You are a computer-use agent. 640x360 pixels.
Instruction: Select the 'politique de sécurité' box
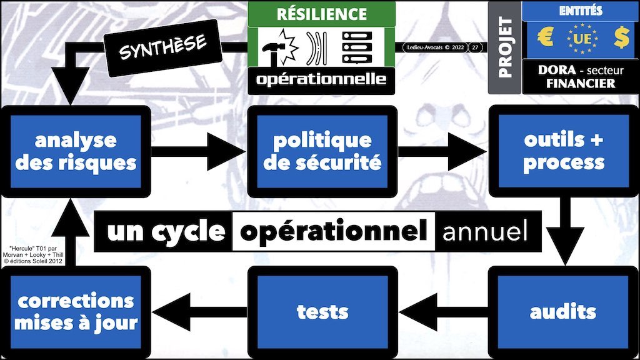tap(322, 151)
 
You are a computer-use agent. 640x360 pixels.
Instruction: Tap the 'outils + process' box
tap(563, 151)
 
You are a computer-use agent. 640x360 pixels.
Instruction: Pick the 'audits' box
tap(563, 311)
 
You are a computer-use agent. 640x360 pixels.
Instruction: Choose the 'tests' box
tap(322, 311)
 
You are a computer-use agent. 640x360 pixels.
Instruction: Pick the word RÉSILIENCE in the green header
tap(322, 13)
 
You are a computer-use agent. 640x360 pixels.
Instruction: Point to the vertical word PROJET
tap(505, 47)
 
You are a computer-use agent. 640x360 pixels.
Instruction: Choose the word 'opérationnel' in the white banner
tap(330, 232)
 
